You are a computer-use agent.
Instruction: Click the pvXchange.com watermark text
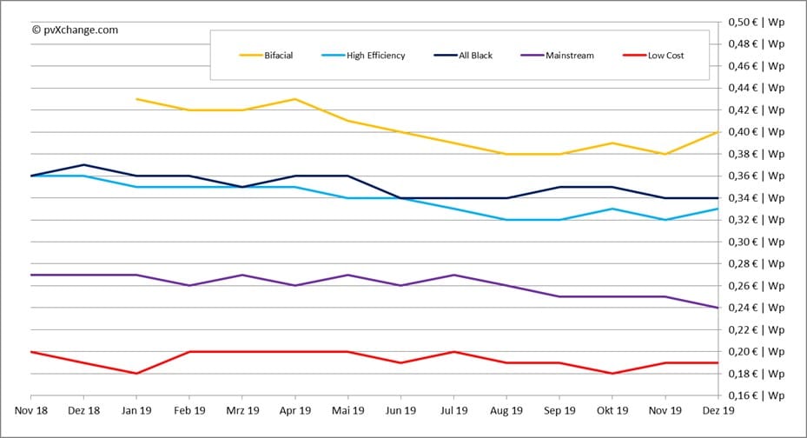[x=75, y=30]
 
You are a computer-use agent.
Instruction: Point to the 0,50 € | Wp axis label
[x=756, y=22]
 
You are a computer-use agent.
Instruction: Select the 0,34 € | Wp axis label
[x=756, y=198]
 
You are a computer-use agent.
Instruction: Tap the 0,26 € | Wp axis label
[x=756, y=286]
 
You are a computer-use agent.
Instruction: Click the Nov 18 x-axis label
[x=31, y=409]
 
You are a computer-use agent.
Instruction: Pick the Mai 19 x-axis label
[x=348, y=409]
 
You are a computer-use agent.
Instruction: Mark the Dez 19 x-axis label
[x=718, y=409]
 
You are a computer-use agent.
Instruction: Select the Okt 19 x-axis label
[x=612, y=409]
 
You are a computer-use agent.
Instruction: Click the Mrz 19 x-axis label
[x=242, y=409]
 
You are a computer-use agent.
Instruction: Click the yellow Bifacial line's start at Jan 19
[x=137, y=99]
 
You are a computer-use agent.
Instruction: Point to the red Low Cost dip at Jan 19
[x=137, y=374]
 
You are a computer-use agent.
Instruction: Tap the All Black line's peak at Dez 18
[x=84, y=165]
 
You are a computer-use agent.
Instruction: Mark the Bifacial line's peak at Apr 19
[x=295, y=99]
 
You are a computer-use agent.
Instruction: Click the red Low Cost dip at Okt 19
[x=612, y=374]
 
